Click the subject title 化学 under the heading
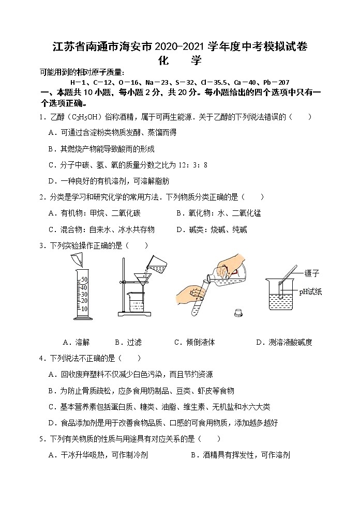(x=179, y=60)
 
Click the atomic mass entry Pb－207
(x=276, y=82)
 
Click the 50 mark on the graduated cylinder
(x=84, y=279)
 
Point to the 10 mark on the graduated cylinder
(x=84, y=309)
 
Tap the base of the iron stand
(x=134, y=314)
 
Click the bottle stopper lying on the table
(x=238, y=313)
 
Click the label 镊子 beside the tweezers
(x=312, y=273)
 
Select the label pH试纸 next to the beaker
(x=310, y=291)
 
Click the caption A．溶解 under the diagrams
(x=76, y=342)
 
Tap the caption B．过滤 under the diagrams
(x=128, y=342)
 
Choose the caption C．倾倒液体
(x=194, y=342)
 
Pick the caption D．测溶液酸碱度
(x=284, y=342)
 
